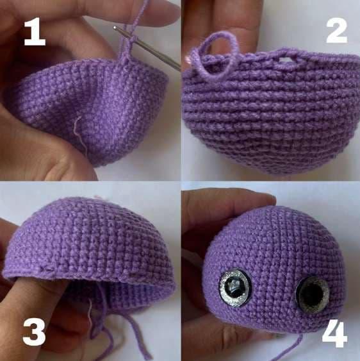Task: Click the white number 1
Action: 35,32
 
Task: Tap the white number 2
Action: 336,30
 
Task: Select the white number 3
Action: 35,332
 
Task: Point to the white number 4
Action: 334,334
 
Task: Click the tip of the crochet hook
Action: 115,28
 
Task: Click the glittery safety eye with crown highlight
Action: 235,288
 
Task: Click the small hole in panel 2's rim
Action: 285,60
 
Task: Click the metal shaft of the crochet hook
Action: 147,48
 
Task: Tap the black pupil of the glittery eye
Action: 234,287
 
